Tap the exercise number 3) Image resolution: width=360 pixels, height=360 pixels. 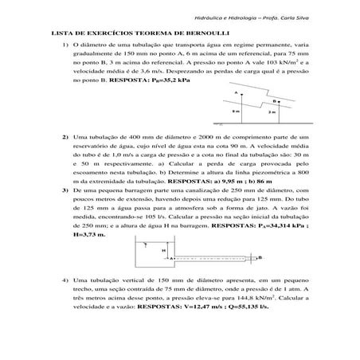65,191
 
